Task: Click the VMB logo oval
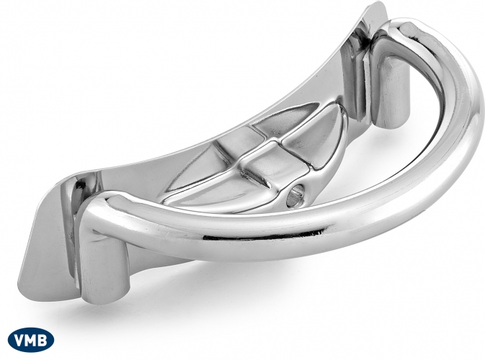[31, 340]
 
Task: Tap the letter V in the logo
[19, 340]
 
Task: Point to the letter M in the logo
[32, 340]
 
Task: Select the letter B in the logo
[43, 340]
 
